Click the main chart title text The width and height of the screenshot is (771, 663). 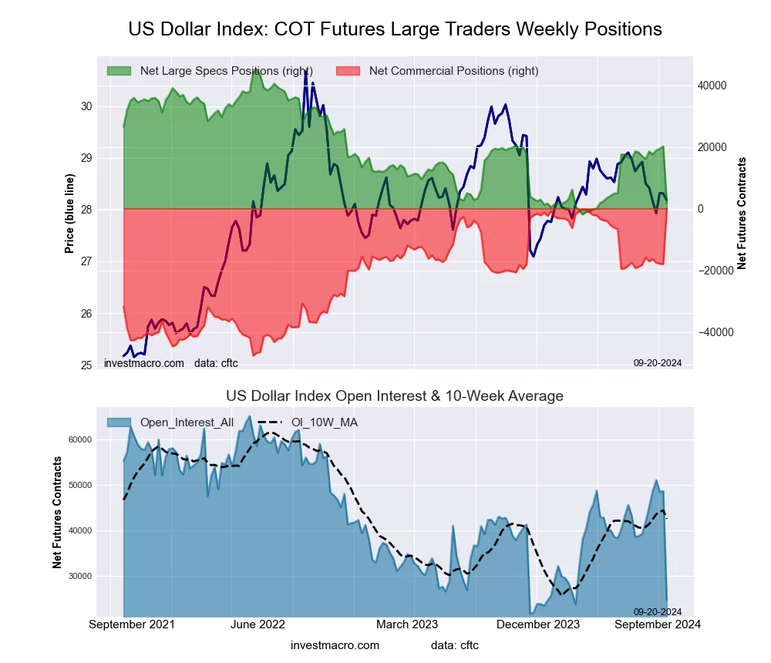pyautogui.click(x=395, y=29)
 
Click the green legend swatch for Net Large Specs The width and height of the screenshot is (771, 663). pyautogui.click(x=119, y=71)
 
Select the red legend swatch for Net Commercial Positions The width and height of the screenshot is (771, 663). pyautogui.click(x=348, y=71)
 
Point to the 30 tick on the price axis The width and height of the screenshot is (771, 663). pyautogui.click(x=87, y=106)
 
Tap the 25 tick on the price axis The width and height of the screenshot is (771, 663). pyautogui.click(x=87, y=365)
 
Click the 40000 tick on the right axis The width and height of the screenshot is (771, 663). pyautogui.click(x=713, y=86)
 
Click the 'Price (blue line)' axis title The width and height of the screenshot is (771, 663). pyautogui.click(x=70, y=213)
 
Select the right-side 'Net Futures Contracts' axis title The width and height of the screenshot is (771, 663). pyautogui.click(x=742, y=213)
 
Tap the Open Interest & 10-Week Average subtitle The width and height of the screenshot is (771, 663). pyautogui.click(x=395, y=396)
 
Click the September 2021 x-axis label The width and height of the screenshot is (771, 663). pyautogui.click(x=132, y=624)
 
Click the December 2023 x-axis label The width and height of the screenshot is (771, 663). pyautogui.click(x=546, y=624)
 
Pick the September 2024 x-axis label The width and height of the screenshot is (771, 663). pyautogui.click(x=658, y=624)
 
